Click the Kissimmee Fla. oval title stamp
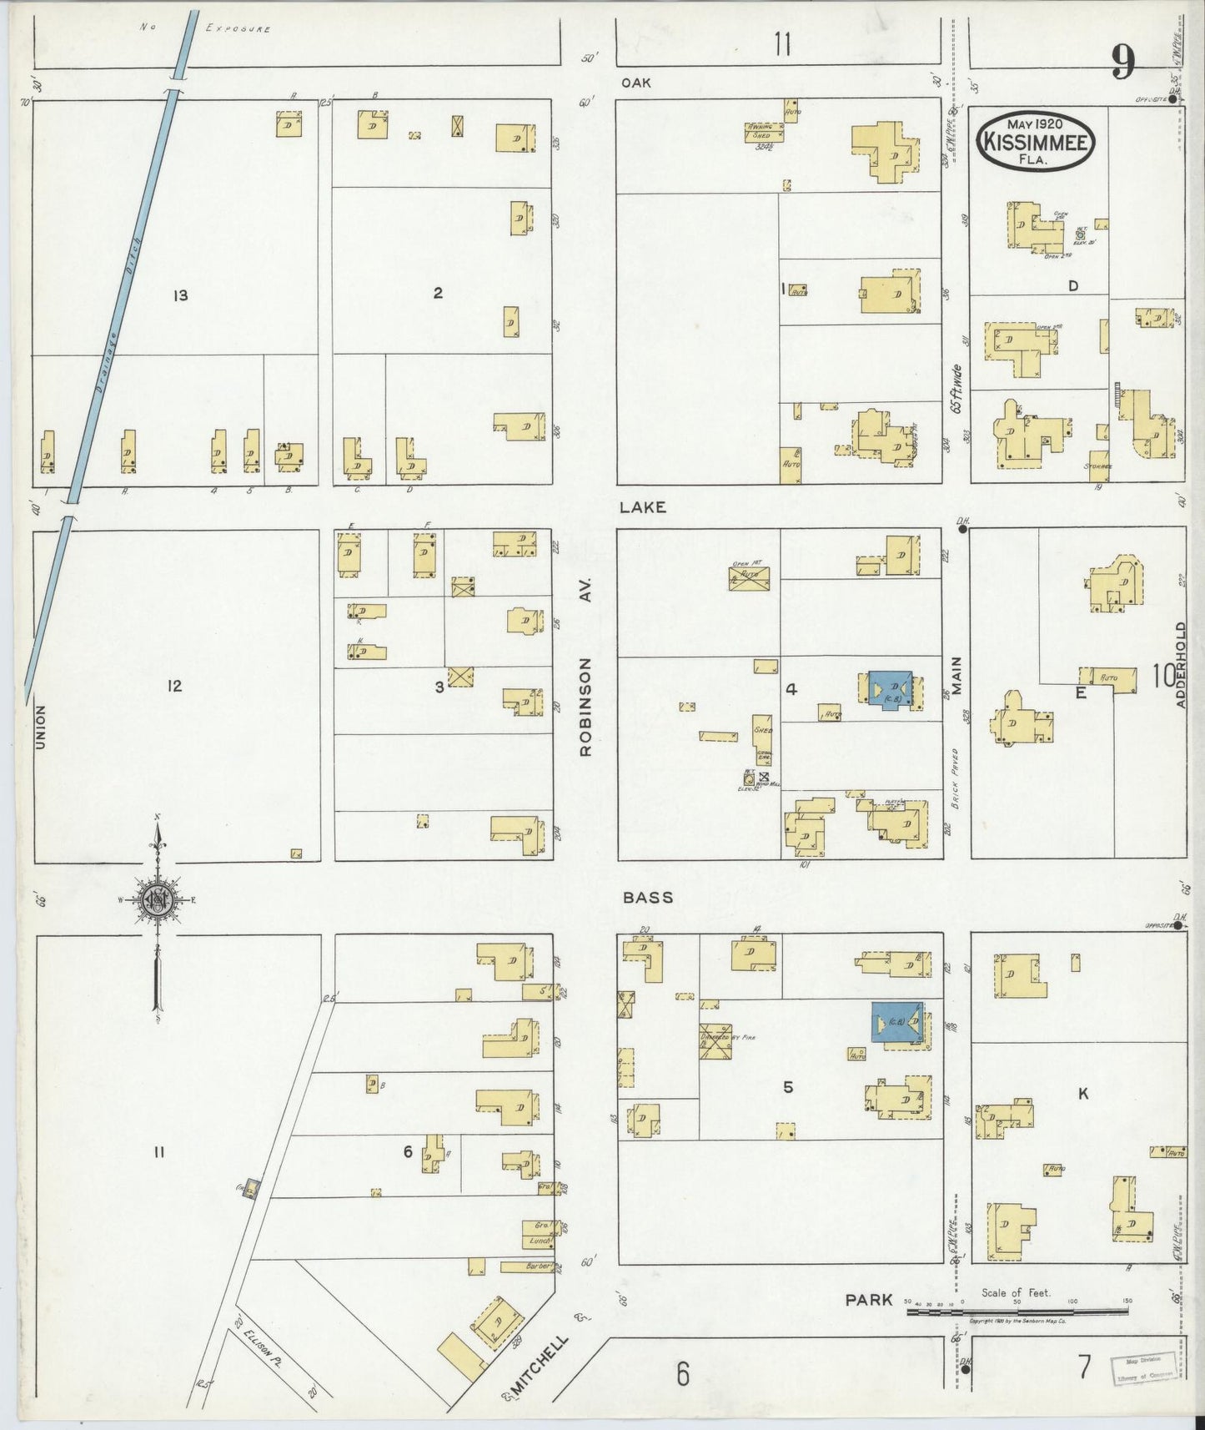click(1035, 141)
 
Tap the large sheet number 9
click(1122, 62)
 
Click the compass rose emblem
click(156, 900)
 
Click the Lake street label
click(642, 506)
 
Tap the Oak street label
click(635, 83)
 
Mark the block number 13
click(180, 295)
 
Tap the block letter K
click(1083, 1094)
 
